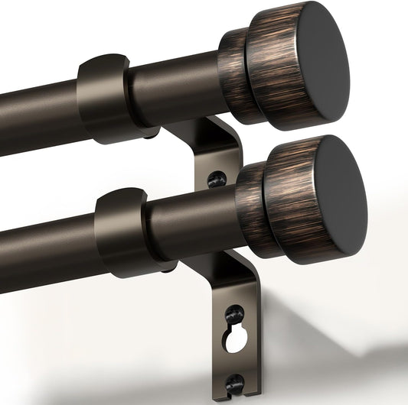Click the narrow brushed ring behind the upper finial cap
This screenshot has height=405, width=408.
click(x=232, y=76)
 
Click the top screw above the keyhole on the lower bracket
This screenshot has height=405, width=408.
click(x=235, y=313)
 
